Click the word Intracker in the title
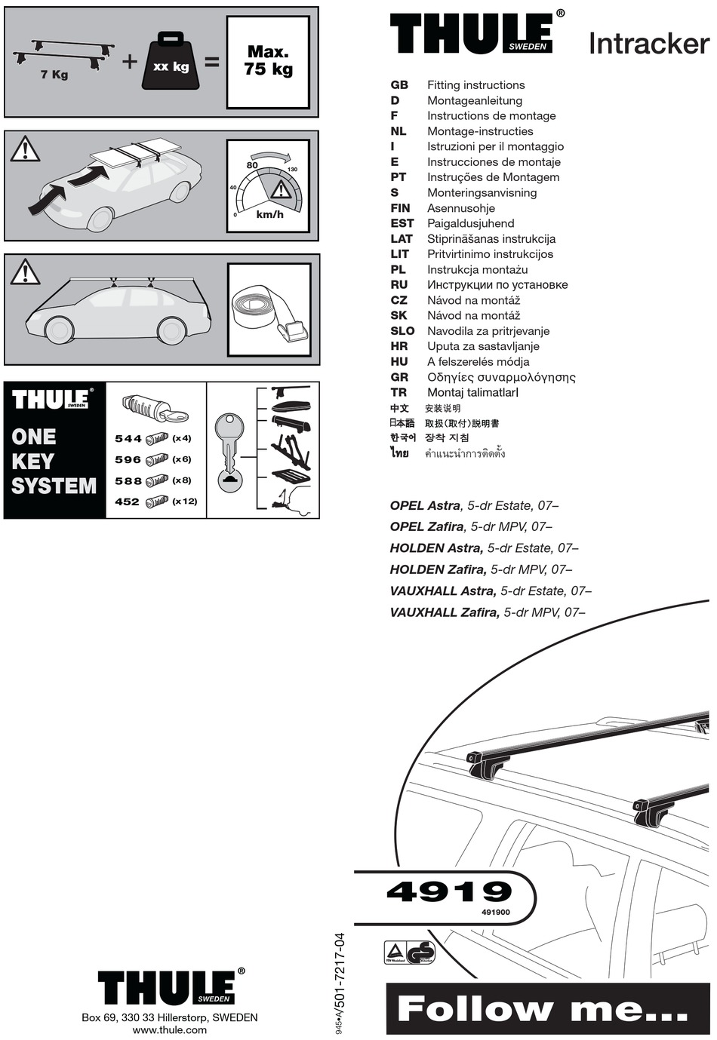(648, 44)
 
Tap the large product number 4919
(449, 891)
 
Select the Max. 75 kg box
(268, 62)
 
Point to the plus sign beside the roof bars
(130, 61)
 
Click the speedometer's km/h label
(269, 214)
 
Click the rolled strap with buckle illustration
(269, 309)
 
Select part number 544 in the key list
(128, 438)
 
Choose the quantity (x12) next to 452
(184, 502)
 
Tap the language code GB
(399, 85)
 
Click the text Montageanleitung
(474, 100)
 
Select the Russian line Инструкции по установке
(497, 284)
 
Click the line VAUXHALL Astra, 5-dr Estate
(490, 591)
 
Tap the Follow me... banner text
(542, 1008)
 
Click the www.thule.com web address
(169, 1029)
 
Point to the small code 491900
(495, 912)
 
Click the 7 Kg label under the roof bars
(54, 75)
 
